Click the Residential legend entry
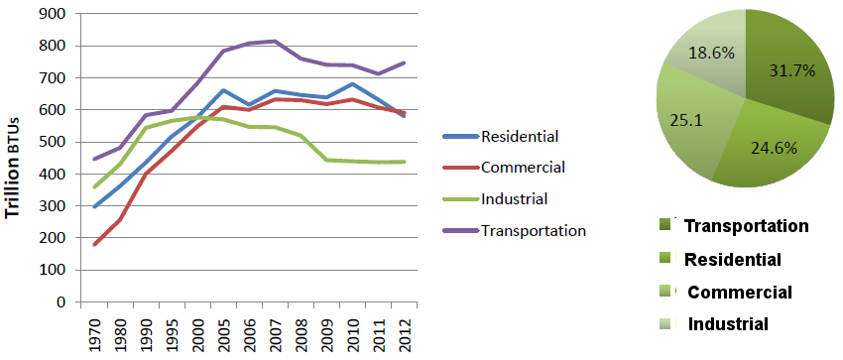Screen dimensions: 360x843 click(x=521, y=135)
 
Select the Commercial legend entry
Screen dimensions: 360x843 click(x=523, y=167)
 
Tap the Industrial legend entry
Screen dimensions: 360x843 click(x=515, y=198)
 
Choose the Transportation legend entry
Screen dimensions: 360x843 click(x=534, y=230)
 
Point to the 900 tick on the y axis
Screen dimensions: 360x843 click(x=52, y=14)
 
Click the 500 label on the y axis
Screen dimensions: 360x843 click(x=52, y=142)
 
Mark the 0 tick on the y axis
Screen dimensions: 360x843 click(x=60, y=301)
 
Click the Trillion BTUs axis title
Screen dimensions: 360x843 click(x=14, y=159)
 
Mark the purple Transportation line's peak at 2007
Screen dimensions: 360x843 click(x=275, y=41)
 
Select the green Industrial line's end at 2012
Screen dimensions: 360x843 click(x=403, y=162)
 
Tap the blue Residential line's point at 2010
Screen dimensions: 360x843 click(x=351, y=83)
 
